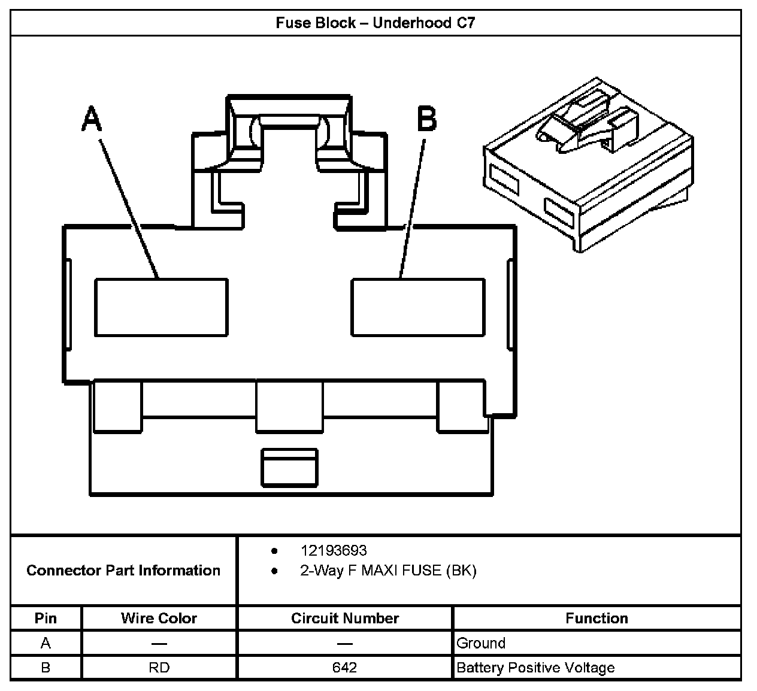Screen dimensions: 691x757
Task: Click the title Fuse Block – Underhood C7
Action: coord(375,23)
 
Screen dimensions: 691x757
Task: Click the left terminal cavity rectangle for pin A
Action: coord(161,307)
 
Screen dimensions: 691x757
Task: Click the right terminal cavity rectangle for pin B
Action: coord(417,307)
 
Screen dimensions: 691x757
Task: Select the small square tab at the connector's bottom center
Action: coord(289,467)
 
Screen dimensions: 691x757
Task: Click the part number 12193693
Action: coord(333,550)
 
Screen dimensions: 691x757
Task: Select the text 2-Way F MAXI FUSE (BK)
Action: coord(388,571)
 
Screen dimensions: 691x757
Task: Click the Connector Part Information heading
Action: coord(123,570)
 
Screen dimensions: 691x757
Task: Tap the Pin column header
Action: coord(46,618)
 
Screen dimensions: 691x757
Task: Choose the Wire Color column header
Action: coord(159,618)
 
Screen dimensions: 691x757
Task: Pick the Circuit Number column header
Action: coord(345,618)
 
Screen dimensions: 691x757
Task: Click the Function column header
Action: coord(596,618)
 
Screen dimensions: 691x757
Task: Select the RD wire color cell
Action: coord(159,667)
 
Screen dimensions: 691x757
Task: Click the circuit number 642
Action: coord(345,667)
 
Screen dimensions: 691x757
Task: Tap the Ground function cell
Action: coord(481,643)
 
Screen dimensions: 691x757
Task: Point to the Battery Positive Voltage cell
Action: coord(535,667)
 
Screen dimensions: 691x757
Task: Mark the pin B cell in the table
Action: coord(46,667)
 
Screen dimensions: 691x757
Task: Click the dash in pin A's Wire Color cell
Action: coord(159,643)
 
